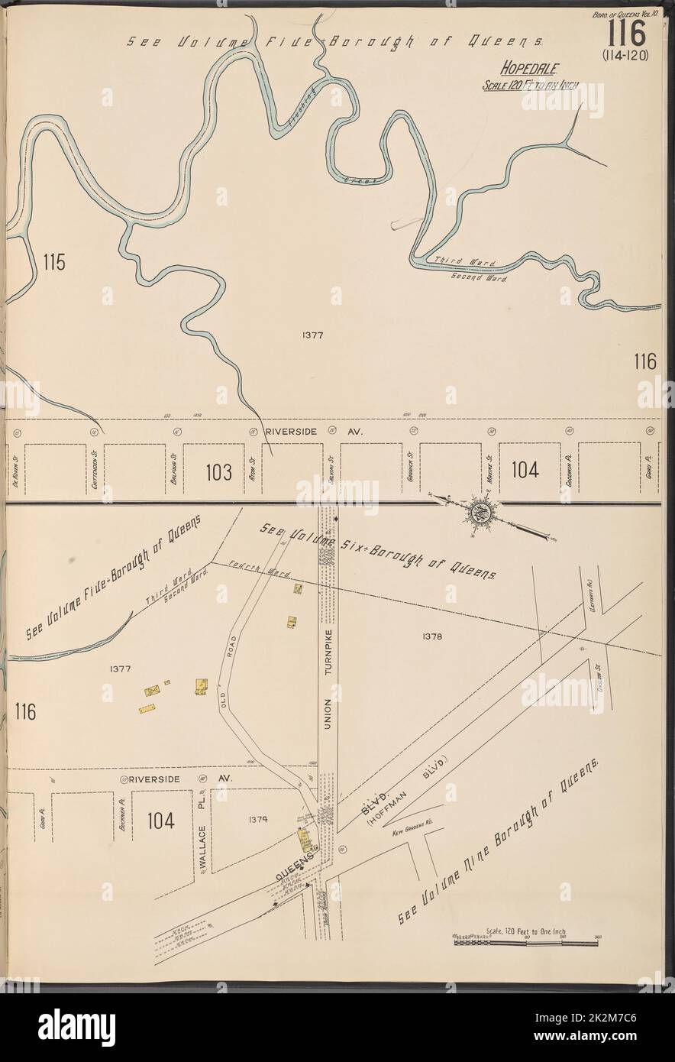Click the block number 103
click(x=218, y=472)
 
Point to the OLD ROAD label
click(x=228, y=663)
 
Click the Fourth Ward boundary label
click(x=243, y=569)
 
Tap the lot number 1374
click(x=257, y=819)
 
